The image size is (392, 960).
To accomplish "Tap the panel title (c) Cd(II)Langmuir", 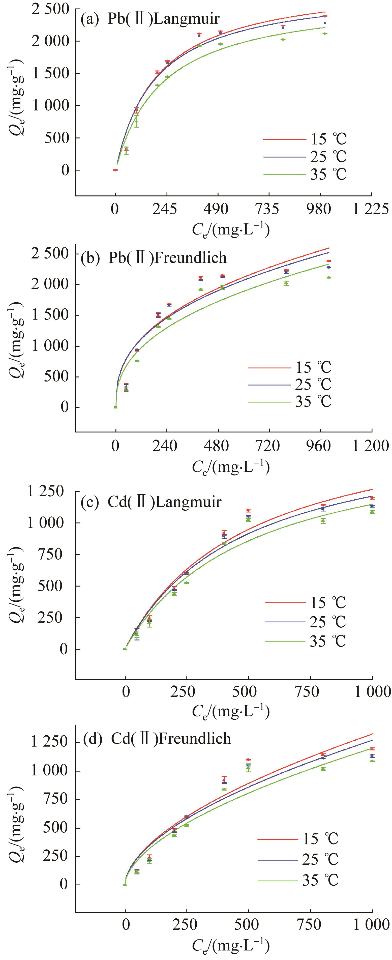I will point(151,502).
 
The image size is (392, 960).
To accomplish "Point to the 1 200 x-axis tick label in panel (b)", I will point(371,446).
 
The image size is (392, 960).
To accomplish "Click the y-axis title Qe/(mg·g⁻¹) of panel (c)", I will point(17,585).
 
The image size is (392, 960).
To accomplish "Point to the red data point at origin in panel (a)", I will point(115,170).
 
